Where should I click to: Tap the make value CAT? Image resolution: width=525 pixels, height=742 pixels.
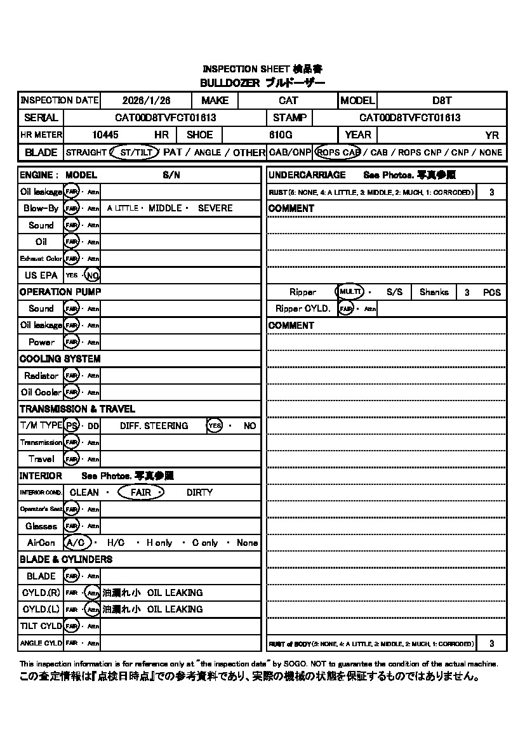(288, 100)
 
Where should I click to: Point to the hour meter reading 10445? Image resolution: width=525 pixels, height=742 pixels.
(105, 135)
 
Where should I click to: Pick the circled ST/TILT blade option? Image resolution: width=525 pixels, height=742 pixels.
(134, 152)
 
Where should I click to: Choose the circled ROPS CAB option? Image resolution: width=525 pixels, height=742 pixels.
(338, 152)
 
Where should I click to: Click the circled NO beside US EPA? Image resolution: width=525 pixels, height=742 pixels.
(93, 275)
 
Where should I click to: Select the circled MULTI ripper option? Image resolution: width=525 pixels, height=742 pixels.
(350, 292)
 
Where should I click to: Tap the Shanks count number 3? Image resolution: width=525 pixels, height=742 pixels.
(467, 293)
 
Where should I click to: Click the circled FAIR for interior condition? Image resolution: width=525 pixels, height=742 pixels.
(141, 493)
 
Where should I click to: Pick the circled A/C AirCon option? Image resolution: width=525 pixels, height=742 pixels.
(76, 543)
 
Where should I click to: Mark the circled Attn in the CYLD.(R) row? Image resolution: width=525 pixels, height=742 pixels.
(93, 593)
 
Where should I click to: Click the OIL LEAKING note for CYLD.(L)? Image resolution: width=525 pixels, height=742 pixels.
(175, 609)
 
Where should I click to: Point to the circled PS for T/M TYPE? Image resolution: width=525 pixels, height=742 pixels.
(72, 426)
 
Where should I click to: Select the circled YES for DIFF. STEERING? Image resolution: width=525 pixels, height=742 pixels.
(215, 426)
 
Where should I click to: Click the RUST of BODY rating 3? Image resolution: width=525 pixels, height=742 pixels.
(491, 644)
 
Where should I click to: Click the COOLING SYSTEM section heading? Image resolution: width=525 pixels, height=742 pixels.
(60, 359)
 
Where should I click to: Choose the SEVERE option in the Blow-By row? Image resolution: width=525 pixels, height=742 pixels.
(215, 208)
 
